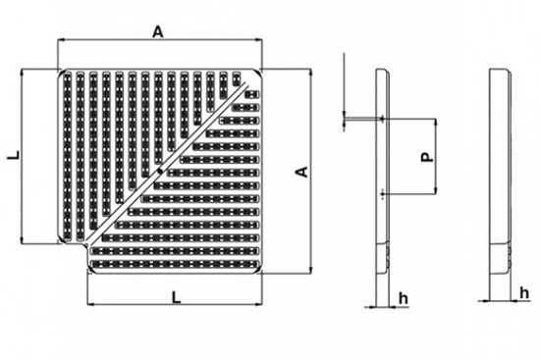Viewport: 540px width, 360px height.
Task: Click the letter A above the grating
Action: (156, 30)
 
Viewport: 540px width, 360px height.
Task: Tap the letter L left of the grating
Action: (11, 154)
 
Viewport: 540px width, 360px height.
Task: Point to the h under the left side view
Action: (400, 296)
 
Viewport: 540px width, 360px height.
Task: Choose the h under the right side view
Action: (524, 291)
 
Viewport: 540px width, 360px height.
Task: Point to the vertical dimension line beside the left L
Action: (23, 155)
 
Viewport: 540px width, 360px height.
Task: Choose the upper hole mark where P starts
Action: (381, 119)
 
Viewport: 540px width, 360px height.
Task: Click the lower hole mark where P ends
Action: (381, 195)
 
